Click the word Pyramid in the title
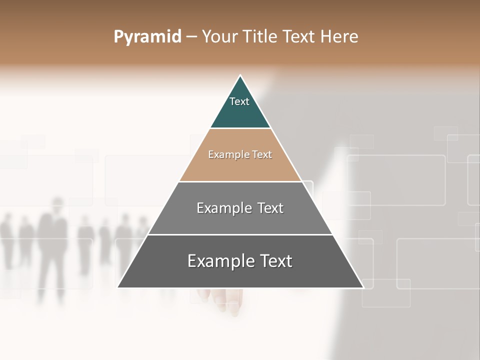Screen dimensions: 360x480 click(147, 37)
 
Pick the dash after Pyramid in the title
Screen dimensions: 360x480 click(191, 37)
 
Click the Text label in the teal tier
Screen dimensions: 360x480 click(239, 101)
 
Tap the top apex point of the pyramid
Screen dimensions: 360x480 click(240, 75)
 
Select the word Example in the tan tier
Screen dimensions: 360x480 click(227, 155)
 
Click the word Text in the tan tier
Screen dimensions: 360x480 click(262, 155)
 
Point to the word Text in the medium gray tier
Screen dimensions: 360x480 click(270, 208)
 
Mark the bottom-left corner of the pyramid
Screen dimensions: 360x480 click(118, 287)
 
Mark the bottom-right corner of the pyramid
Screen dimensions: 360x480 click(363, 287)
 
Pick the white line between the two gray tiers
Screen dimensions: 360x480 click(240, 234)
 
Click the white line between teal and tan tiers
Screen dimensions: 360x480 click(240, 128)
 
